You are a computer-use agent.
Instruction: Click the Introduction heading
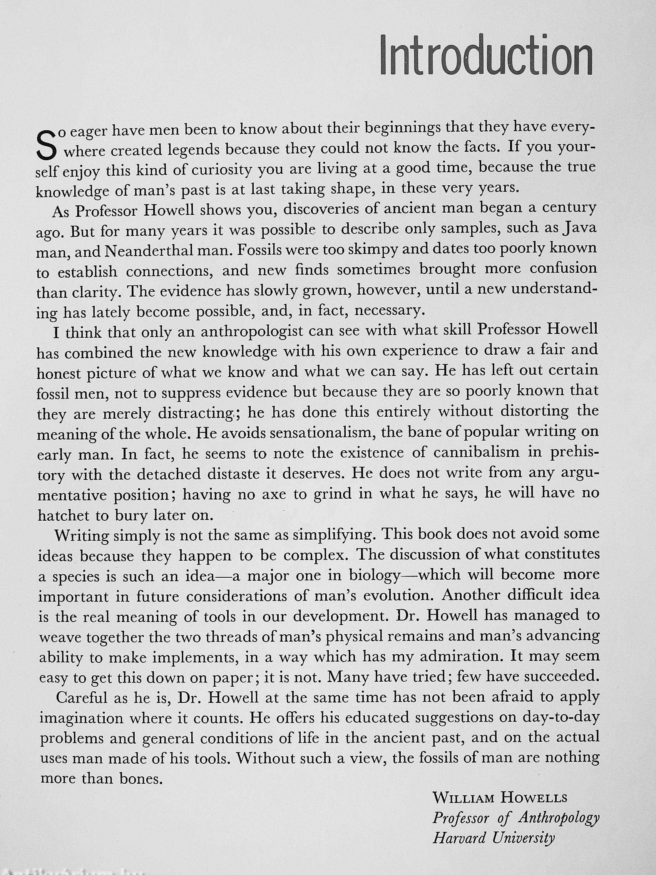pos(485,56)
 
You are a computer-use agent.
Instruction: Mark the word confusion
pos(563,268)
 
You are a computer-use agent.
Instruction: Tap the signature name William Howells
pos(500,798)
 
